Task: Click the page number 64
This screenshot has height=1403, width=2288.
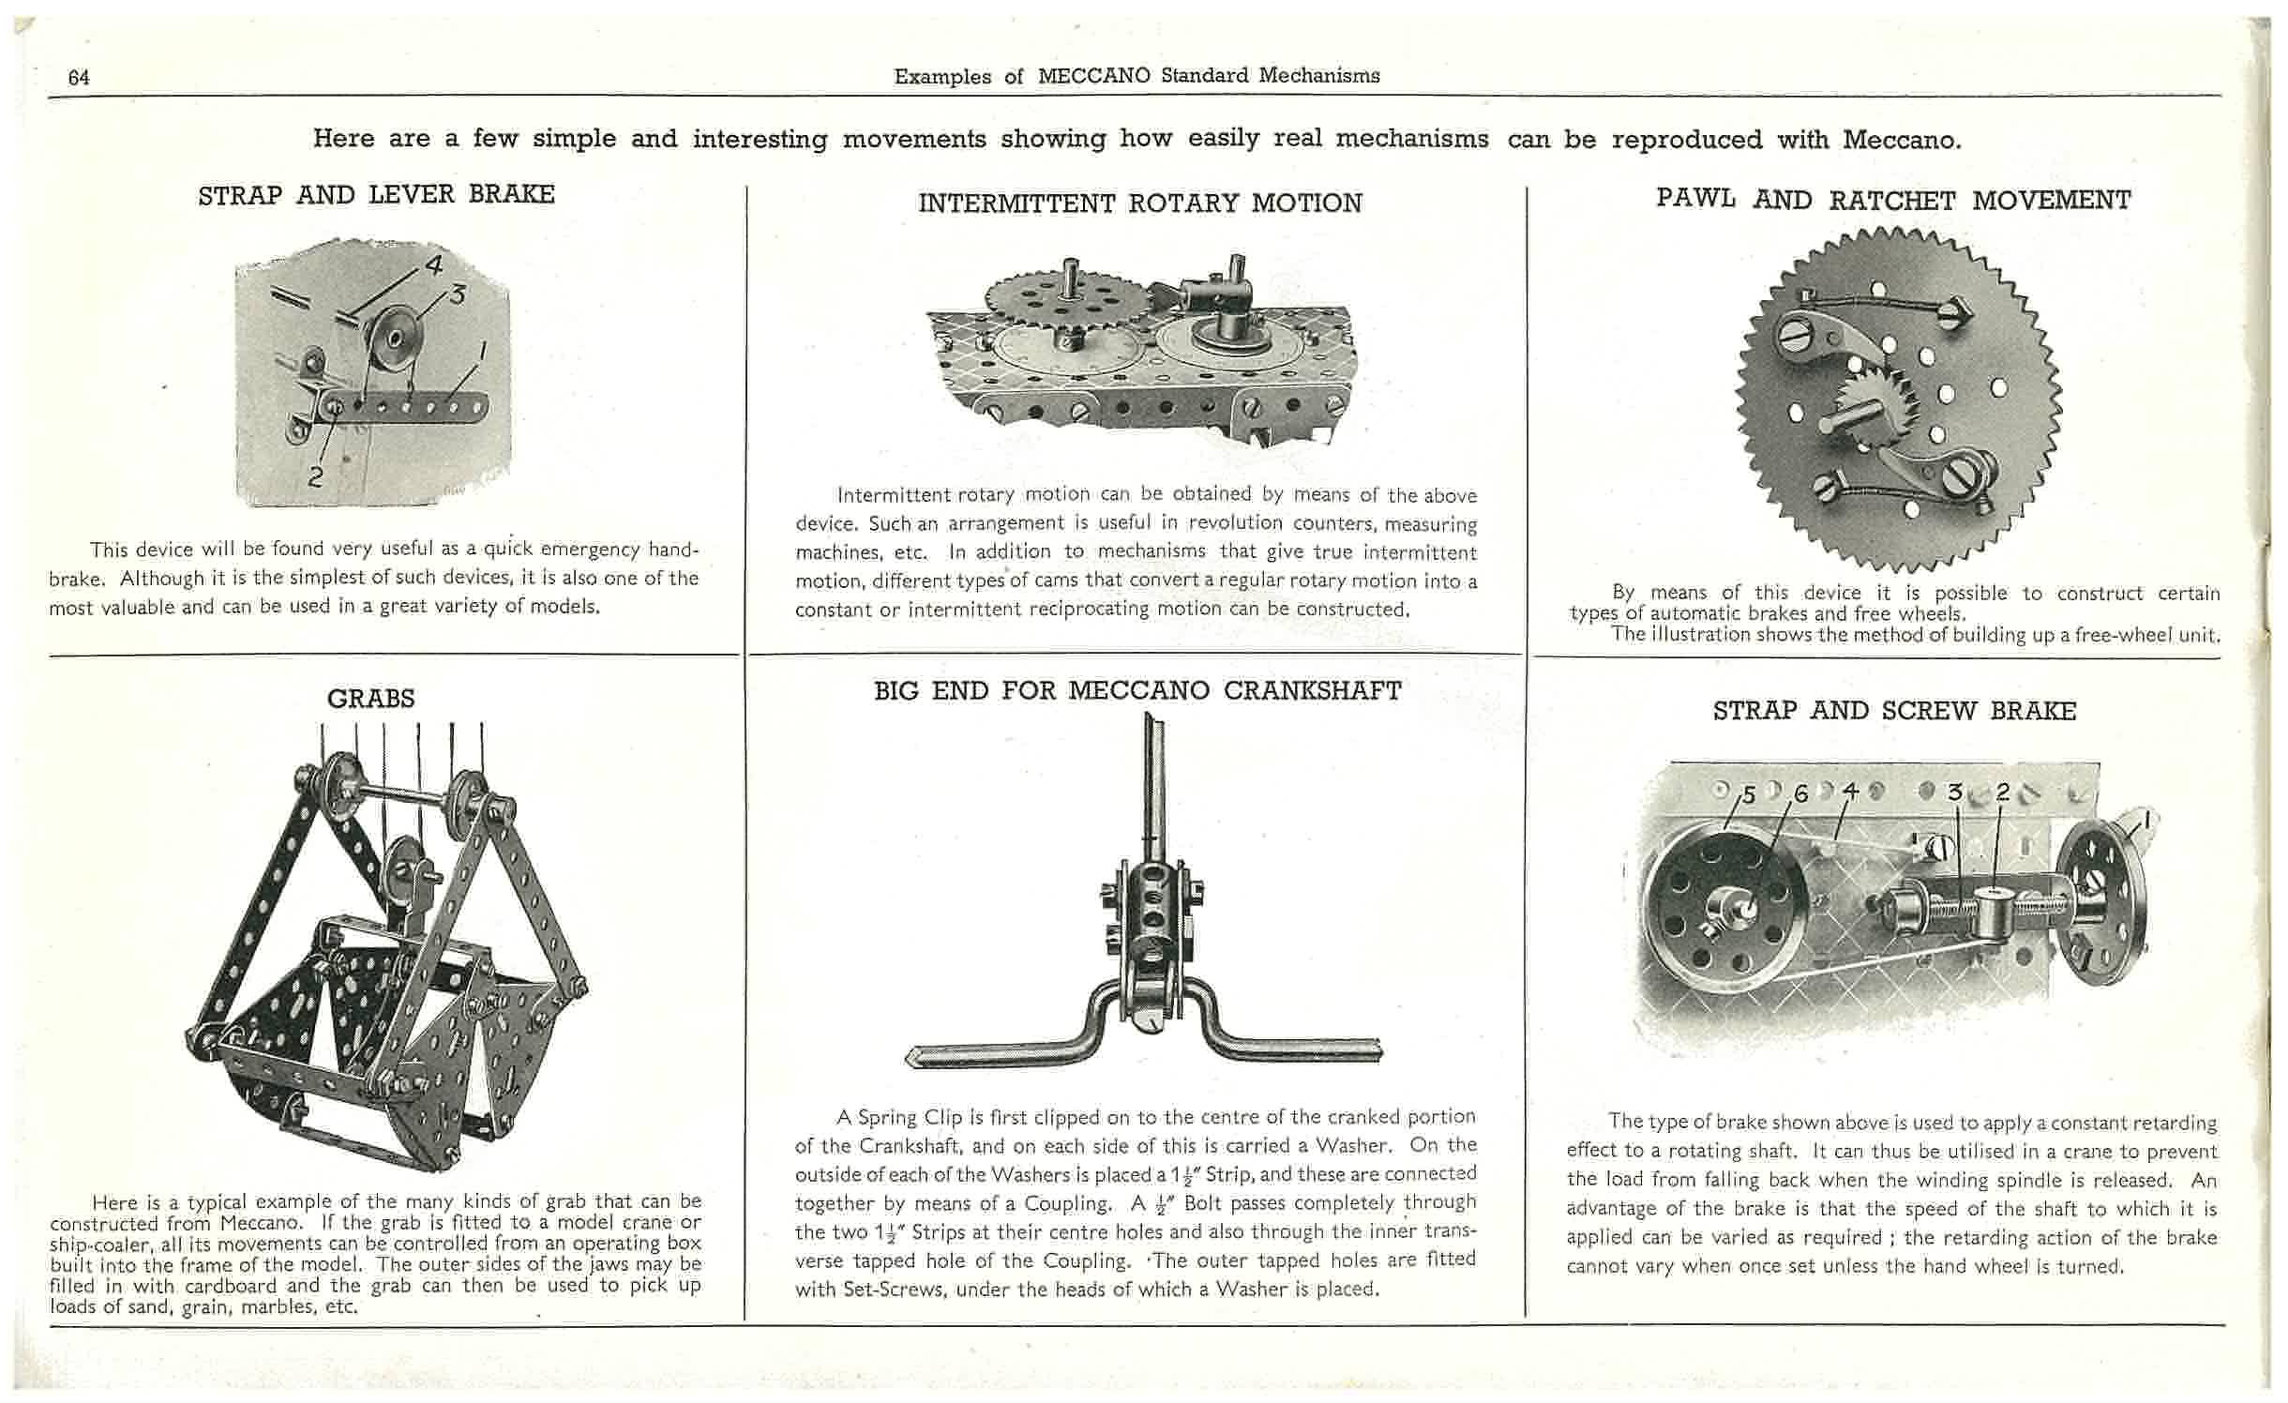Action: tap(79, 78)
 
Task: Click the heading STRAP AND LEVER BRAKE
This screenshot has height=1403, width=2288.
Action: tap(376, 195)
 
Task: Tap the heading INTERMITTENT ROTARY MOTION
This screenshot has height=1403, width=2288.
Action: tap(1139, 204)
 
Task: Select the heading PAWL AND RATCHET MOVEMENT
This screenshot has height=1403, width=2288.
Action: tap(1893, 200)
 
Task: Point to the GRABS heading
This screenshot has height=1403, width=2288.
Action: tap(370, 699)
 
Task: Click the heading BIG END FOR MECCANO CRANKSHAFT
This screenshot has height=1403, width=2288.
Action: tap(1137, 691)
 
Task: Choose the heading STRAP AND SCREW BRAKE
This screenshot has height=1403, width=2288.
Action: tap(1894, 711)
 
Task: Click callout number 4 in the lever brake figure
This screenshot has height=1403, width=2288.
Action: tap(432, 265)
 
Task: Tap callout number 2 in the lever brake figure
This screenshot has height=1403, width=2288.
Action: tap(316, 475)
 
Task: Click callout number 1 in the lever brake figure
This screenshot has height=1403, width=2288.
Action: tap(483, 352)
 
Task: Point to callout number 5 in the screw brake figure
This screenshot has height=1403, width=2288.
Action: tap(1747, 795)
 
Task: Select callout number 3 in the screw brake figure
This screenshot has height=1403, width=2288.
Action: tap(1954, 792)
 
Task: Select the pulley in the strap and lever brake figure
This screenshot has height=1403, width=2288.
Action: tap(396, 335)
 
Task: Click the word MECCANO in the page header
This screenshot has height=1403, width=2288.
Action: tap(1093, 76)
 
